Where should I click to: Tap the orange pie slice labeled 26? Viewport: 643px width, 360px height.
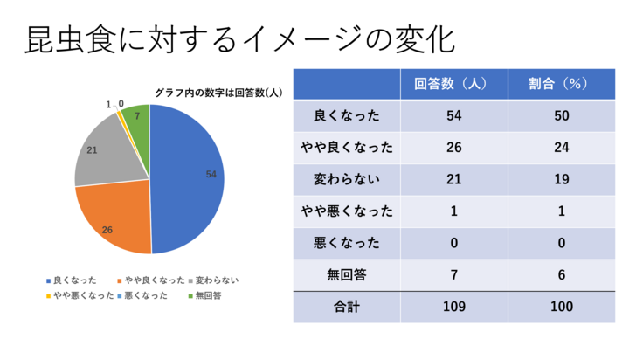[x=114, y=218]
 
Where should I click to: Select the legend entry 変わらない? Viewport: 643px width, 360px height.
[x=214, y=280]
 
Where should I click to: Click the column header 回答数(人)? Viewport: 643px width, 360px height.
[x=454, y=84]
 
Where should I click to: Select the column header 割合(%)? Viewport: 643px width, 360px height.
[x=561, y=84]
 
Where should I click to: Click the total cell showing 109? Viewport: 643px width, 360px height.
[x=454, y=307]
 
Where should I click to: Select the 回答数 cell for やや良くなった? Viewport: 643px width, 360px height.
[x=454, y=148]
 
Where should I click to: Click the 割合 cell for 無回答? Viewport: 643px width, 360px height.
[x=561, y=274]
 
